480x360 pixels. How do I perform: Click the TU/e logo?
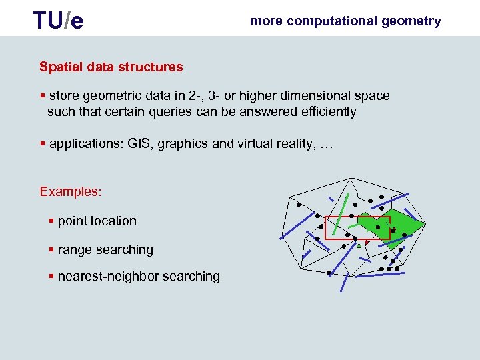[x=59, y=21]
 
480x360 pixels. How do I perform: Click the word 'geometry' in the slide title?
[x=411, y=21]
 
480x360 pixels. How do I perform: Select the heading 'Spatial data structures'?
[x=111, y=67]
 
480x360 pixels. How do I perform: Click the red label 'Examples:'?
[x=71, y=192]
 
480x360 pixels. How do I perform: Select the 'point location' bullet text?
[x=97, y=221]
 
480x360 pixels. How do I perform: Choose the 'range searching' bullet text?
[x=105, y=250]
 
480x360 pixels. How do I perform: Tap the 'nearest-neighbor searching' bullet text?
[x=139, y=277]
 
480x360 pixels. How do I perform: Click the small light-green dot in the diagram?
[x=359, y=247]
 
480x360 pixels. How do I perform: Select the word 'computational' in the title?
[x=331, y=21]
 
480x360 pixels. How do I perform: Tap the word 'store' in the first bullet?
[x=64, y=95]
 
